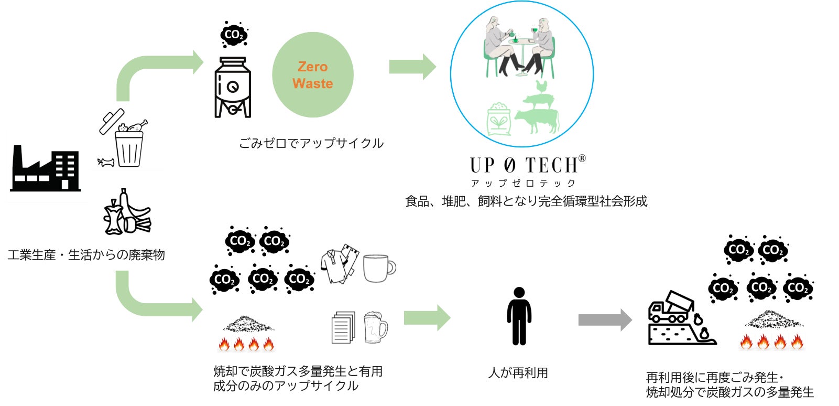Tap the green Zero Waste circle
(312, 75)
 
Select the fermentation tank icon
(233, 87)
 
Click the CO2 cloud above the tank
(233, 35)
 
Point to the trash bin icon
(128, 148)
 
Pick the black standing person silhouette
(519, 316)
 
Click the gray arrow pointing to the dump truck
(605, 320)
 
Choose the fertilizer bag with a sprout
(499, 120)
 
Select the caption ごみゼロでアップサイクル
(311, 143)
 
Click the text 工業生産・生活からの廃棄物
(86, 255)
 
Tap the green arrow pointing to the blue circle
(412, 67)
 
